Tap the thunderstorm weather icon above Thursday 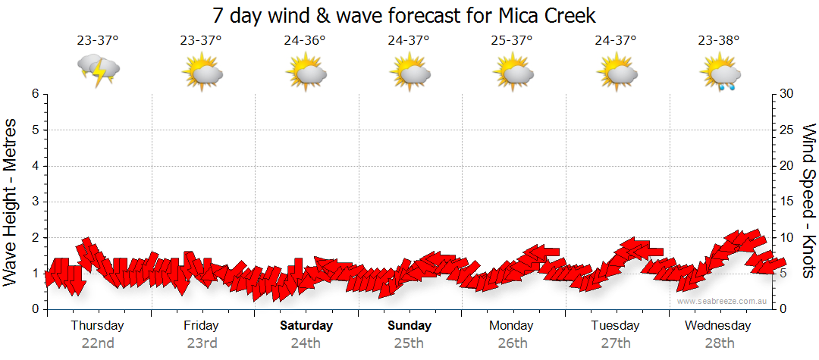99,70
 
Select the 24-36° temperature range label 306,41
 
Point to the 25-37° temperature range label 513,41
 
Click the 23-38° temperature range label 720,41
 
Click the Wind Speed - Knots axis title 808,202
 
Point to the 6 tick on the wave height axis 35,94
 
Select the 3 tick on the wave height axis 35,202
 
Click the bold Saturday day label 306,326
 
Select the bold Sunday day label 409,326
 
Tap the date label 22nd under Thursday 98,343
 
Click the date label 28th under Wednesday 720,343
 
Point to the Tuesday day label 616,326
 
